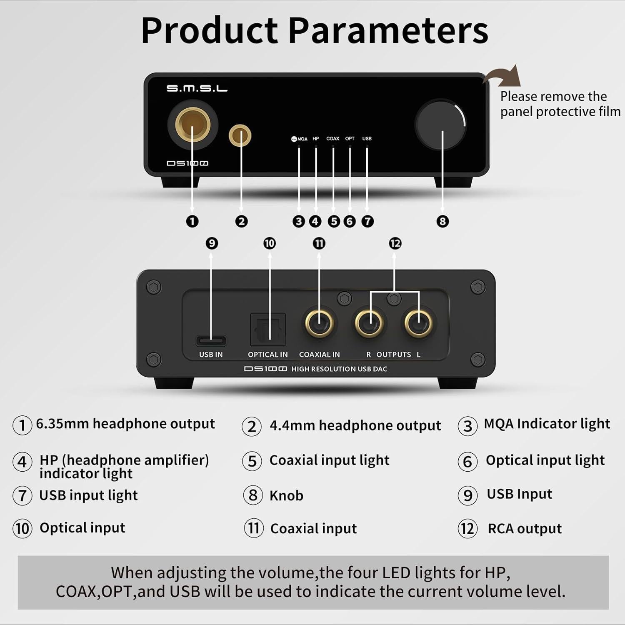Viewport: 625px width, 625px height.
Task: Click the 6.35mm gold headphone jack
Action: (x=192, y=124)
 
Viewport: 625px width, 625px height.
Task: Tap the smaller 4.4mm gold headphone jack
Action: (x=240, y=135)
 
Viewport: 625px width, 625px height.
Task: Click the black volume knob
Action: (x=440, y=125)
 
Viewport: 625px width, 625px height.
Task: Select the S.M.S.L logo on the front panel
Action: (x=197, y=88)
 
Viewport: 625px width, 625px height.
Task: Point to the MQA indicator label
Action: (x=299, y=139)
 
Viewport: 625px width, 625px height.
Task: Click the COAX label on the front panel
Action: (x=332, y=138)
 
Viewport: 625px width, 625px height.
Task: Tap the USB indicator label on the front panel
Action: (x=367, y=138)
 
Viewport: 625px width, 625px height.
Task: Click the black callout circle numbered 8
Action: (x=442, y=221)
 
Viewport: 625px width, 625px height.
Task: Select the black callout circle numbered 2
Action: (x=241, y=221)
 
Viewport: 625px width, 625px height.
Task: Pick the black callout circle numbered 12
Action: (x=395, y=243)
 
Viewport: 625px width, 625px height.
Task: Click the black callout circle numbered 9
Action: (x=212, y=243)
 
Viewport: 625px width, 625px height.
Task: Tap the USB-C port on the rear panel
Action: (x=211, y=341)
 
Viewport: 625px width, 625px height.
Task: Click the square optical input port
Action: (x=267, y=329)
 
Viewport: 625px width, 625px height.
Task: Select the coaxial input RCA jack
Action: (x=319, y=323)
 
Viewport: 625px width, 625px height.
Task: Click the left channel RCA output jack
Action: (x=419, y=323)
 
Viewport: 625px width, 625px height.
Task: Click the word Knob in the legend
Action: (x=286, y=495)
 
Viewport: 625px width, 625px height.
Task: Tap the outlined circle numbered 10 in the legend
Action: (x=22, y=528)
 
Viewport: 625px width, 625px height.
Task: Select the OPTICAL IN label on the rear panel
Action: (x=267, y=355)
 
